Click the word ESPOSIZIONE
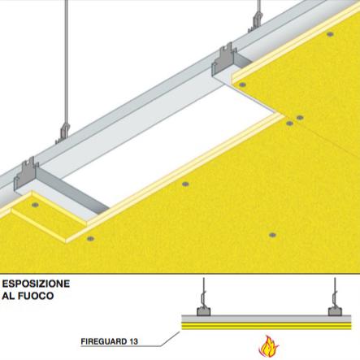(x=36, y=284)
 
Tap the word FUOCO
(x=36, y=296)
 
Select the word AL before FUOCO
(x=8, y=296)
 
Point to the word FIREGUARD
(x=103, y=341)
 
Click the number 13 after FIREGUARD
(x=133, y=341)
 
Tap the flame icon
(x=268, y=346)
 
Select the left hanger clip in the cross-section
(x=204, y=311)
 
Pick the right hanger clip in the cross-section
(x=335, y=311)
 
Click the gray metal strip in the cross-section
(x=267, y=319)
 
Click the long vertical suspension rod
(x=66, y=63)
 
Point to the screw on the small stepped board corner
(x=35, y=205)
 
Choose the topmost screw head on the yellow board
(x=330, y=34)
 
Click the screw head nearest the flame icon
(x=272, y=235)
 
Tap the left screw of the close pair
(x=289, y=124)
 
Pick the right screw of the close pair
(x=300, y=118)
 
